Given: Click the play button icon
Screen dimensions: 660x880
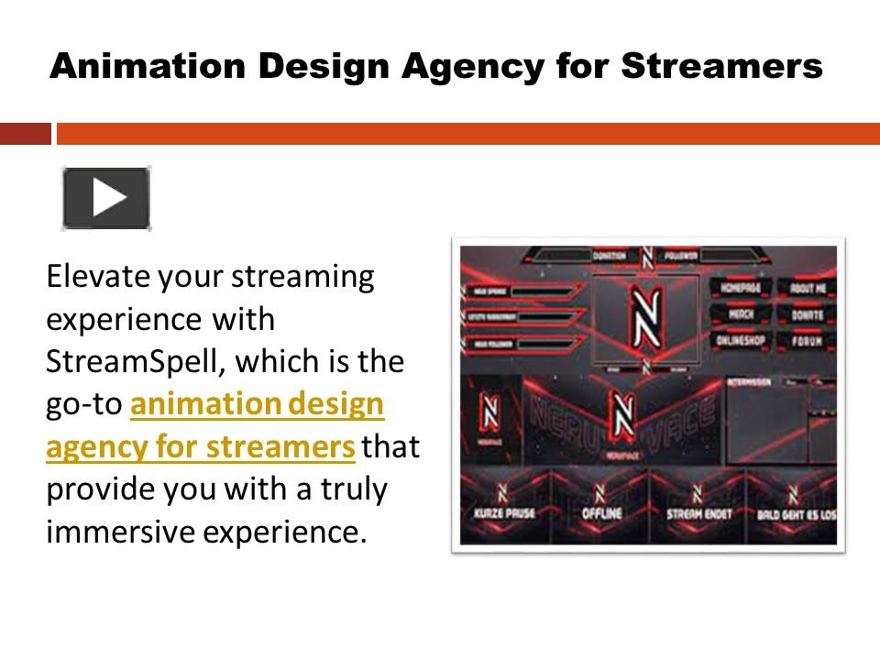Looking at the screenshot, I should (x=106, y=198).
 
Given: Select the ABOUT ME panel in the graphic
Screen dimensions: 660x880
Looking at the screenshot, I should (x=808, y=288).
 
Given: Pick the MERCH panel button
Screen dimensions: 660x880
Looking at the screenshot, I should (x=742, y=313).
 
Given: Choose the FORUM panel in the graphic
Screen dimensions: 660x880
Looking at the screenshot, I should (x=808, y=341).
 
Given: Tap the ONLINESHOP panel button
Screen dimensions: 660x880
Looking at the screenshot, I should (x=742, y=340).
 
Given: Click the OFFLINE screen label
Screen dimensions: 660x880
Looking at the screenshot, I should (x=601, y=514).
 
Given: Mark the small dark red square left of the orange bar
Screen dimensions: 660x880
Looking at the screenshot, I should (x=25, y=134).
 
